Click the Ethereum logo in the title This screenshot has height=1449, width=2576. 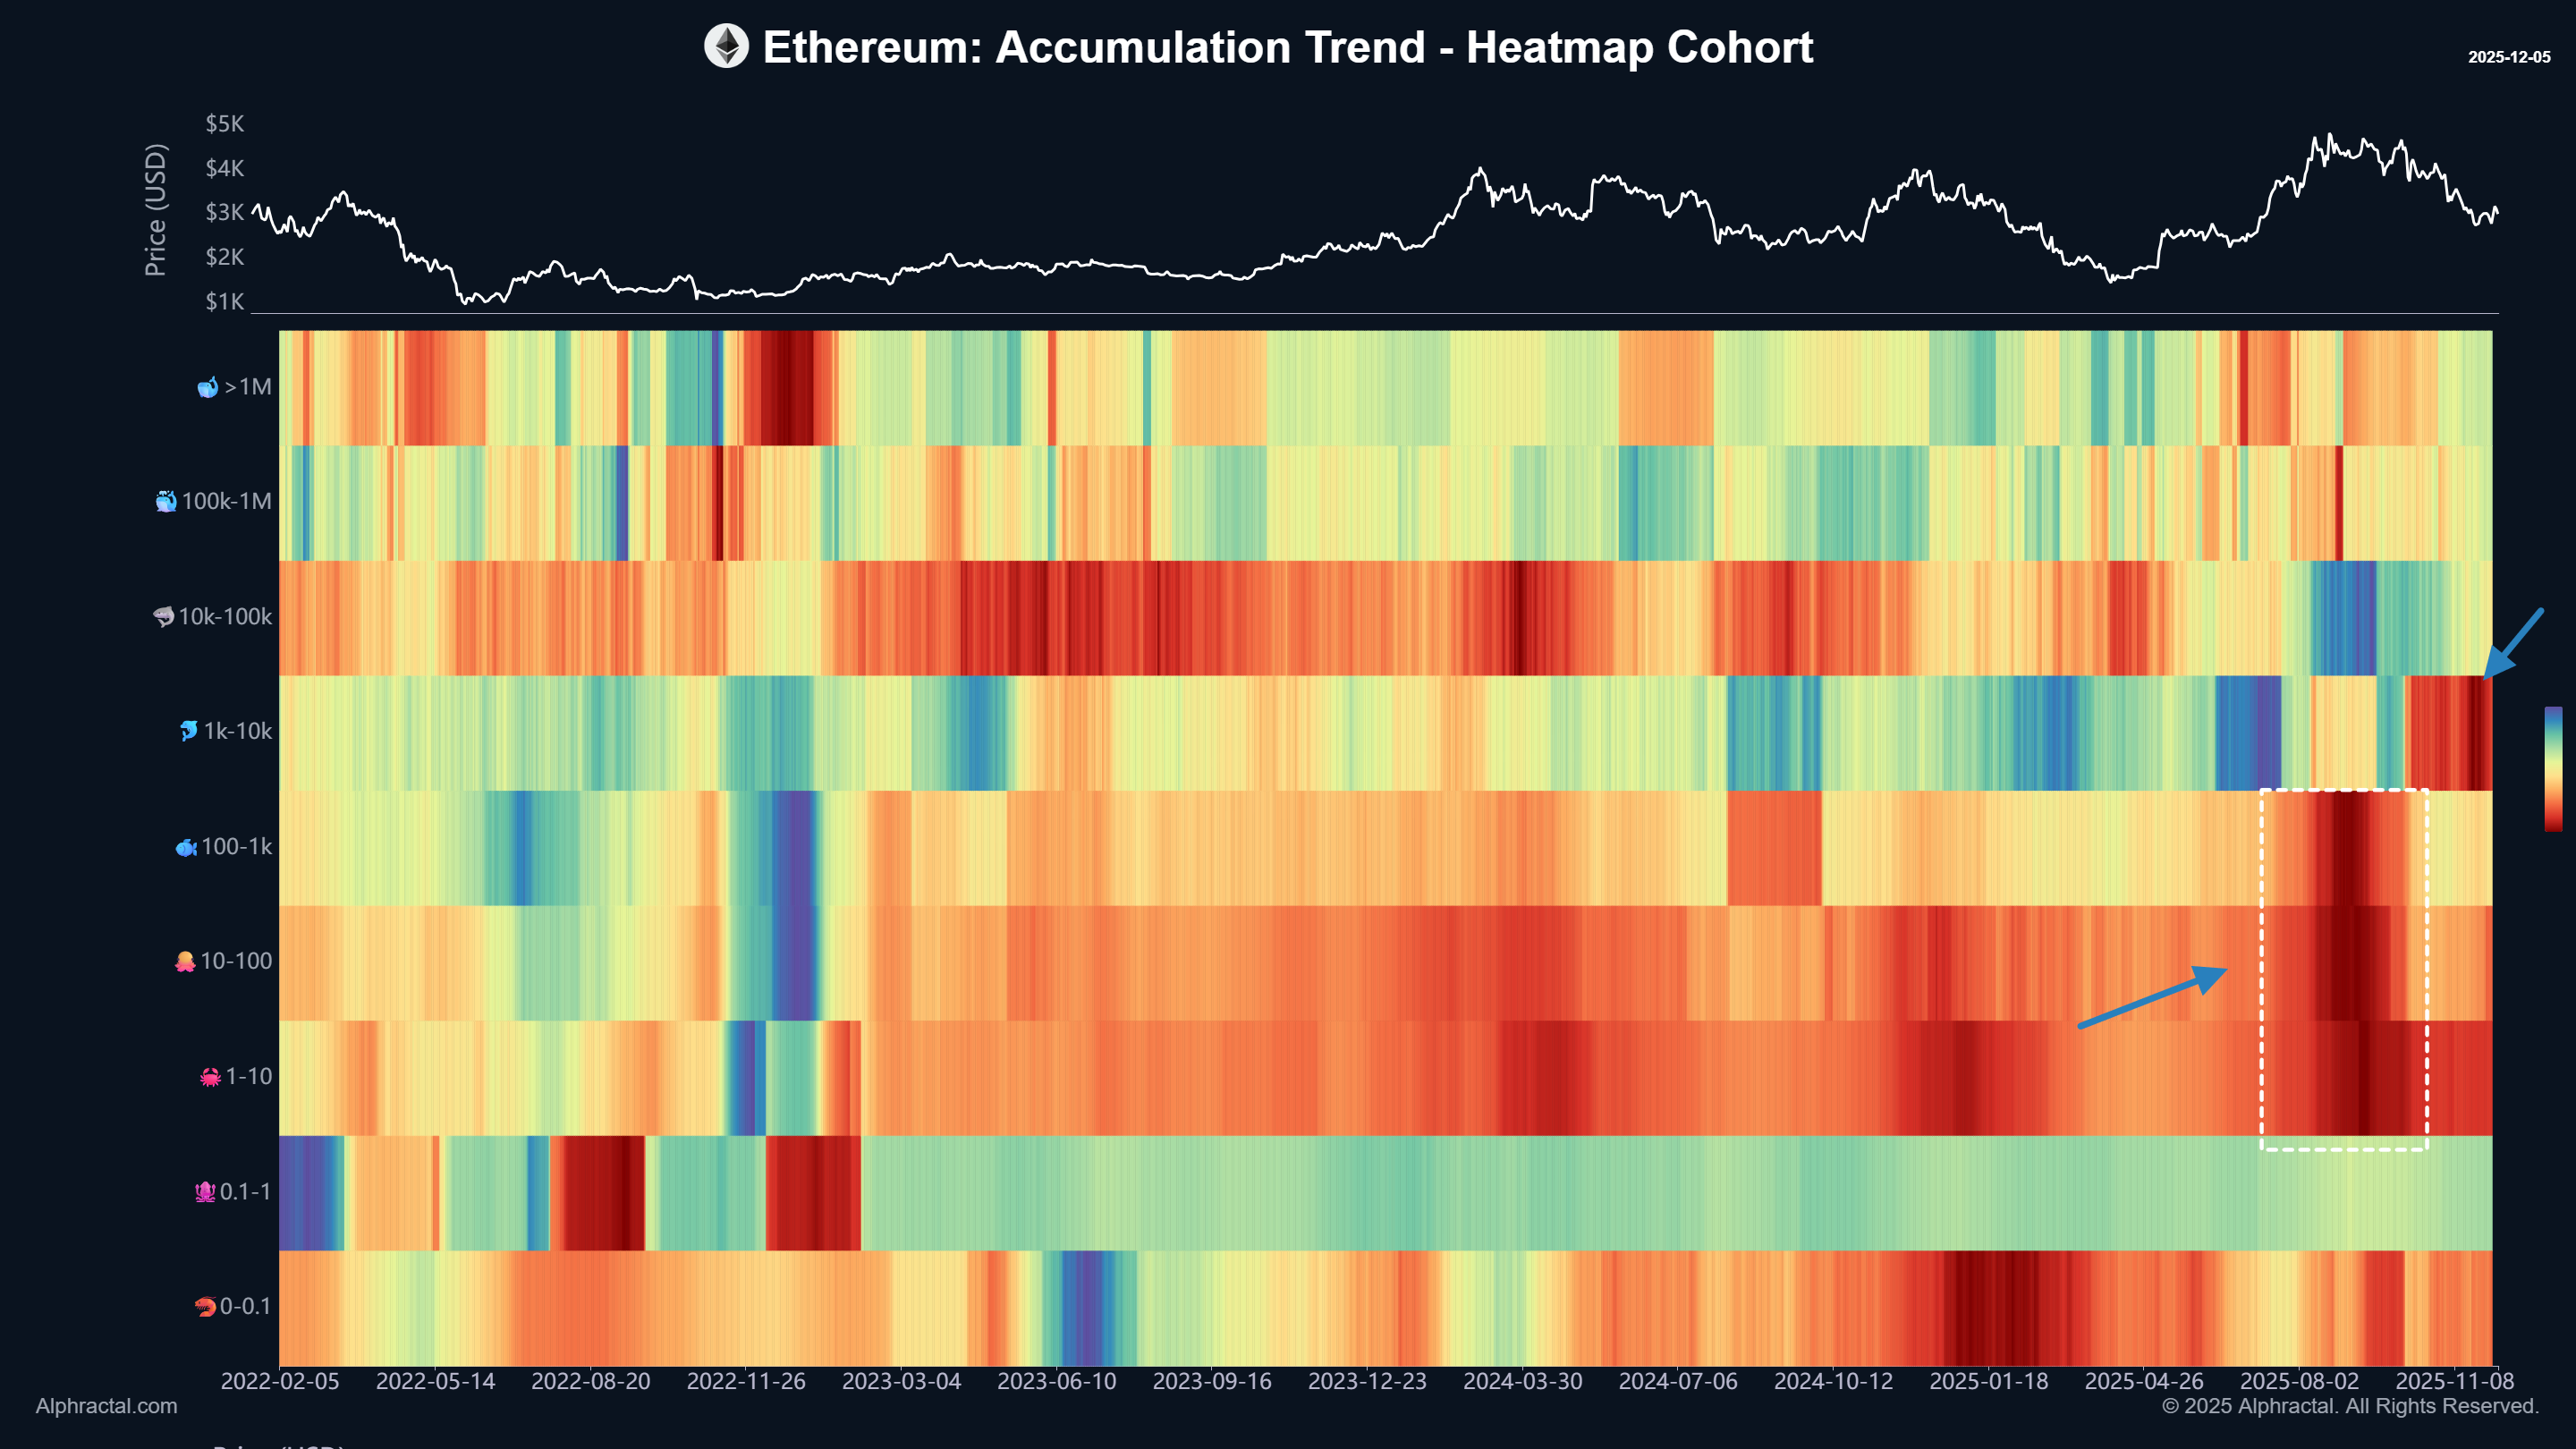726,47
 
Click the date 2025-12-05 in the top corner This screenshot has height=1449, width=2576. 2508,57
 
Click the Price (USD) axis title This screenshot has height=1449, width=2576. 155,210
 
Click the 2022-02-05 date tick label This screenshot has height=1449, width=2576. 280,1381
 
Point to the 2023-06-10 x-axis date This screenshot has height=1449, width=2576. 1056,1381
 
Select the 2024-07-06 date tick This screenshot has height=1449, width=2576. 1678,1381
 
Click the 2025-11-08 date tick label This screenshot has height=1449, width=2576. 2454,1381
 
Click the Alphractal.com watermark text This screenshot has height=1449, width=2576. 106,1406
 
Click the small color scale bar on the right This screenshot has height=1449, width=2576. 2553,768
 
